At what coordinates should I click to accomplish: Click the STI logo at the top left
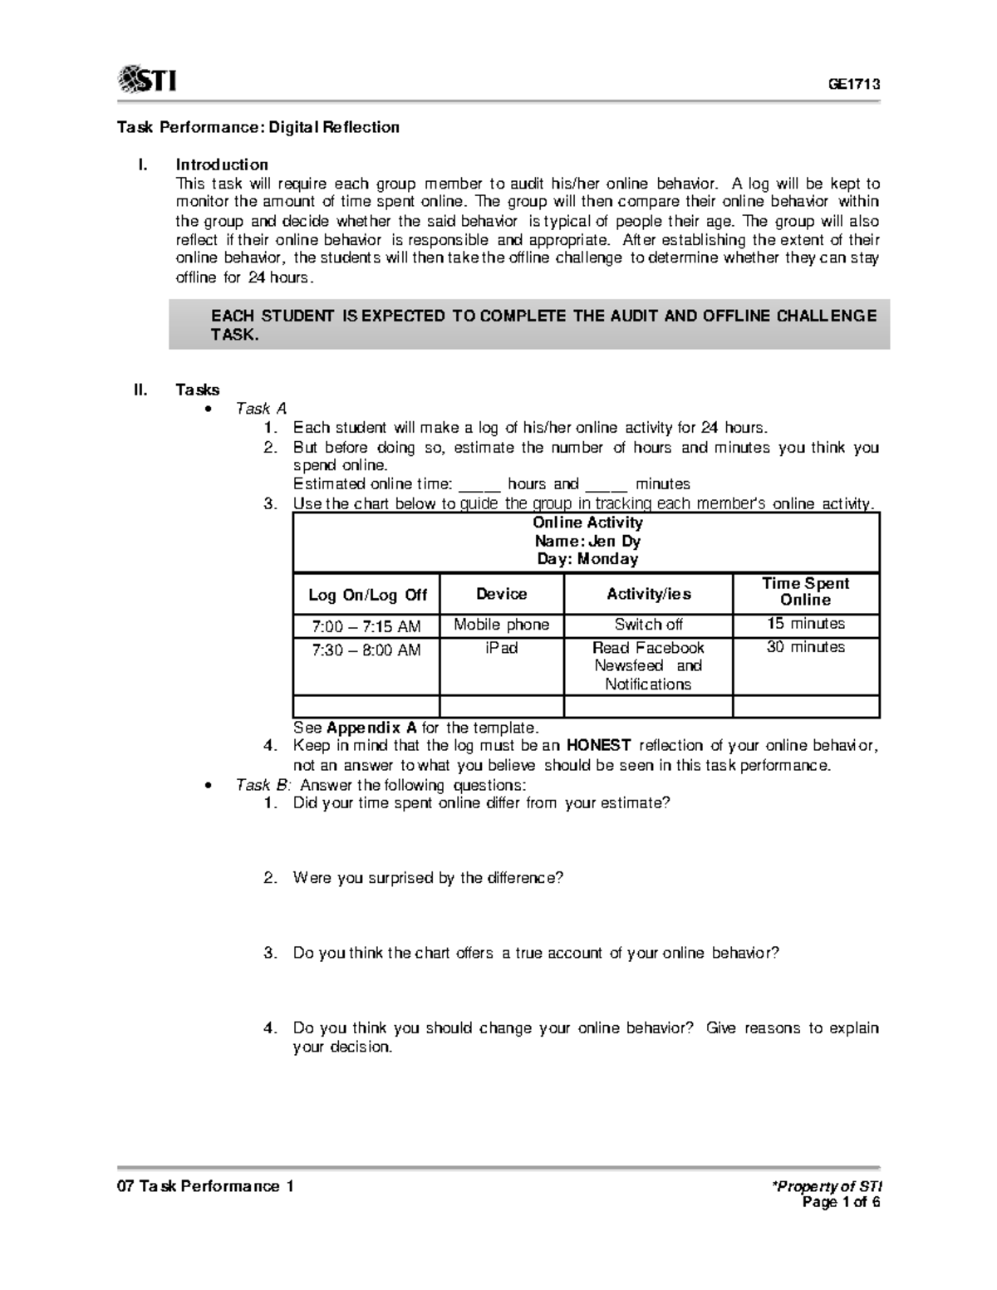[x=147, y=81]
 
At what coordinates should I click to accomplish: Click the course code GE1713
[x=852, y=84]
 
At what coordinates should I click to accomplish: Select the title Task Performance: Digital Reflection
[x=258, y=127]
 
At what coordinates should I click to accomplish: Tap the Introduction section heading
[x=221, y=164]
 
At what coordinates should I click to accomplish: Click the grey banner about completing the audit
[x=529, y=325]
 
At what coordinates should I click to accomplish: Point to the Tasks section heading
[x=198, y=390]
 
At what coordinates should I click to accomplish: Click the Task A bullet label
[x=261, y=409]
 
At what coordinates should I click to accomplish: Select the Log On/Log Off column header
[x=367, y=595]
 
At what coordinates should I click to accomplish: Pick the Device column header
[x=501, y=594]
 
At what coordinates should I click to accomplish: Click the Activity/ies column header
[x=648, y=594]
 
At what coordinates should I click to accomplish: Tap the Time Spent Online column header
[x=805, y=591]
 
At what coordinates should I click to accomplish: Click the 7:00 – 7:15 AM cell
[x=366, y=625]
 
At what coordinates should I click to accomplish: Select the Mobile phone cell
[x=501, y=625]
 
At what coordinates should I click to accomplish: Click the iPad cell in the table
[x=501, y=648]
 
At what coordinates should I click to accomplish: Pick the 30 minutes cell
[x=805, y=647]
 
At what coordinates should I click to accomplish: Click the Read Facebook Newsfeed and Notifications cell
[x=648, y=665]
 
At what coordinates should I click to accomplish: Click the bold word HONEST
[x=599, y=745]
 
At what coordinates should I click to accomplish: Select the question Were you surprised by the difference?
[x=428, y=878]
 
